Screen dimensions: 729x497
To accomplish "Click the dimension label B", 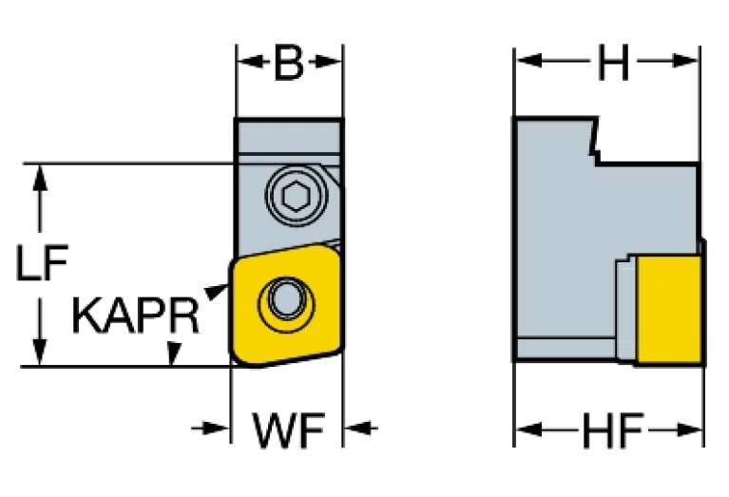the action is coord(289,63).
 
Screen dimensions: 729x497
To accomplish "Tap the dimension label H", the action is coord(613,62).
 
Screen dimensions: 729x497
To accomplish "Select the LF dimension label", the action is coord(42,262).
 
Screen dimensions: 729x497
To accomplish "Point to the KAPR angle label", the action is coord(136,316).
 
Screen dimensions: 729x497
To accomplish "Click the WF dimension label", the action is coord(288,430).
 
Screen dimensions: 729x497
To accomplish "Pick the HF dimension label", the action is coord(613,430).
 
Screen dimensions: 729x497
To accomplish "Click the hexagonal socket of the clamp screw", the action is coord(297,197).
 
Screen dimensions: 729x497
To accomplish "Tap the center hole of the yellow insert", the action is coord(286,299).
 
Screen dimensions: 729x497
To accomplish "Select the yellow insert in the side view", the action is coord(669,309).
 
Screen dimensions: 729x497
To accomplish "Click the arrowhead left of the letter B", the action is coord(250,61).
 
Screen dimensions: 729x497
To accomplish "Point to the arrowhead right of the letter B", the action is coord(328,61).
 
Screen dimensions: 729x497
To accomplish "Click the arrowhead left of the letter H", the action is coord(529,61).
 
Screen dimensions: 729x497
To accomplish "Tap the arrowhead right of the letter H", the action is coord(685,61).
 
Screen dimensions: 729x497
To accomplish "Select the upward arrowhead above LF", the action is coord(41,178).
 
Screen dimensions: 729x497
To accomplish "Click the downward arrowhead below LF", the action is coord(41,353).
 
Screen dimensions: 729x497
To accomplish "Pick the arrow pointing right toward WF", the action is coord(211,429).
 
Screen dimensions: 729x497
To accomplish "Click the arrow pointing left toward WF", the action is coord(361,428).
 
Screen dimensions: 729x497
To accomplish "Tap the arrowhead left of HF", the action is coord(529,430).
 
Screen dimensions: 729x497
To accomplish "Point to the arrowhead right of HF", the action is coord(689,430).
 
